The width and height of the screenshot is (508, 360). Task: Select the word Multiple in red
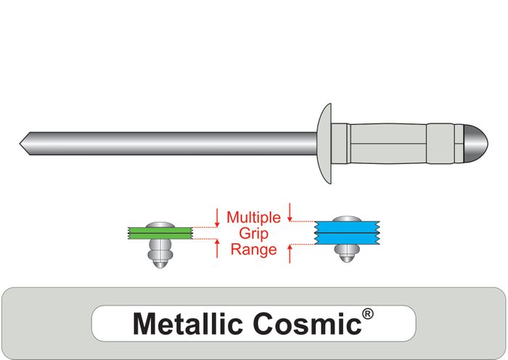pyautogui.click(x=254, y=217)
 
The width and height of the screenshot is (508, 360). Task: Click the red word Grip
pyautogui.click(x=253, y=233)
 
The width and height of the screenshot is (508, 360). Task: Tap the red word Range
pyautogui.click(x=253, y=250)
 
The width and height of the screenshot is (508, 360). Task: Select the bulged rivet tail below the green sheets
pyautogui.click(x=158, y=254)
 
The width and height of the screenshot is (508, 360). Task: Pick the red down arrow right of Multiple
pyautogui.click(x=290, y=212)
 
